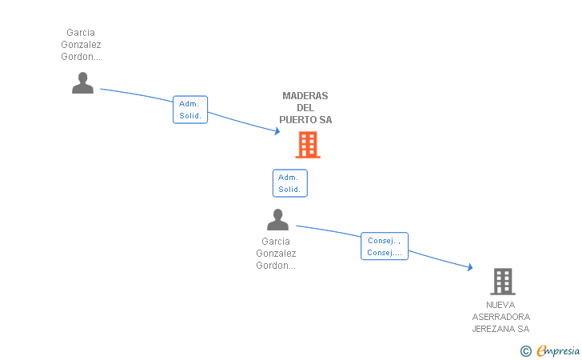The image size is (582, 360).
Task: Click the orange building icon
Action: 308,145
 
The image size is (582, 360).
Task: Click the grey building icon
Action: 502,281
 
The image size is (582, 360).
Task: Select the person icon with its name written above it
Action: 82,83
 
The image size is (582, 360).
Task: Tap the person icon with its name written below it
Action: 277,219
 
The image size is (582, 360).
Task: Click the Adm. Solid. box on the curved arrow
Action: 190,110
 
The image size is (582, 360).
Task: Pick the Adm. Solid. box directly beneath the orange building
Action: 289,183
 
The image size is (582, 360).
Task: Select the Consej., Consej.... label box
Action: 385,246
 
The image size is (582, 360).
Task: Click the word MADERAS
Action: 305,96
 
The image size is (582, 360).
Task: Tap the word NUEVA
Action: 500,305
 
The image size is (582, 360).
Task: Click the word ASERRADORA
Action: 500,317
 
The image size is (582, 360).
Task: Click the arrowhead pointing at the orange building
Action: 277,131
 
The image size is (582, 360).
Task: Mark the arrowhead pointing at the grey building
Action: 469,269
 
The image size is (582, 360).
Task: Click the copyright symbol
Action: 525,350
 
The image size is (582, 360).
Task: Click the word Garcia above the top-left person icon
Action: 81,33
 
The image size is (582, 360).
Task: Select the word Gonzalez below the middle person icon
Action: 276,254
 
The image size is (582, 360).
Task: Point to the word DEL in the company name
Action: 305,108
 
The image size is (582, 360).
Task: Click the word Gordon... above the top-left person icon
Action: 81,57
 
